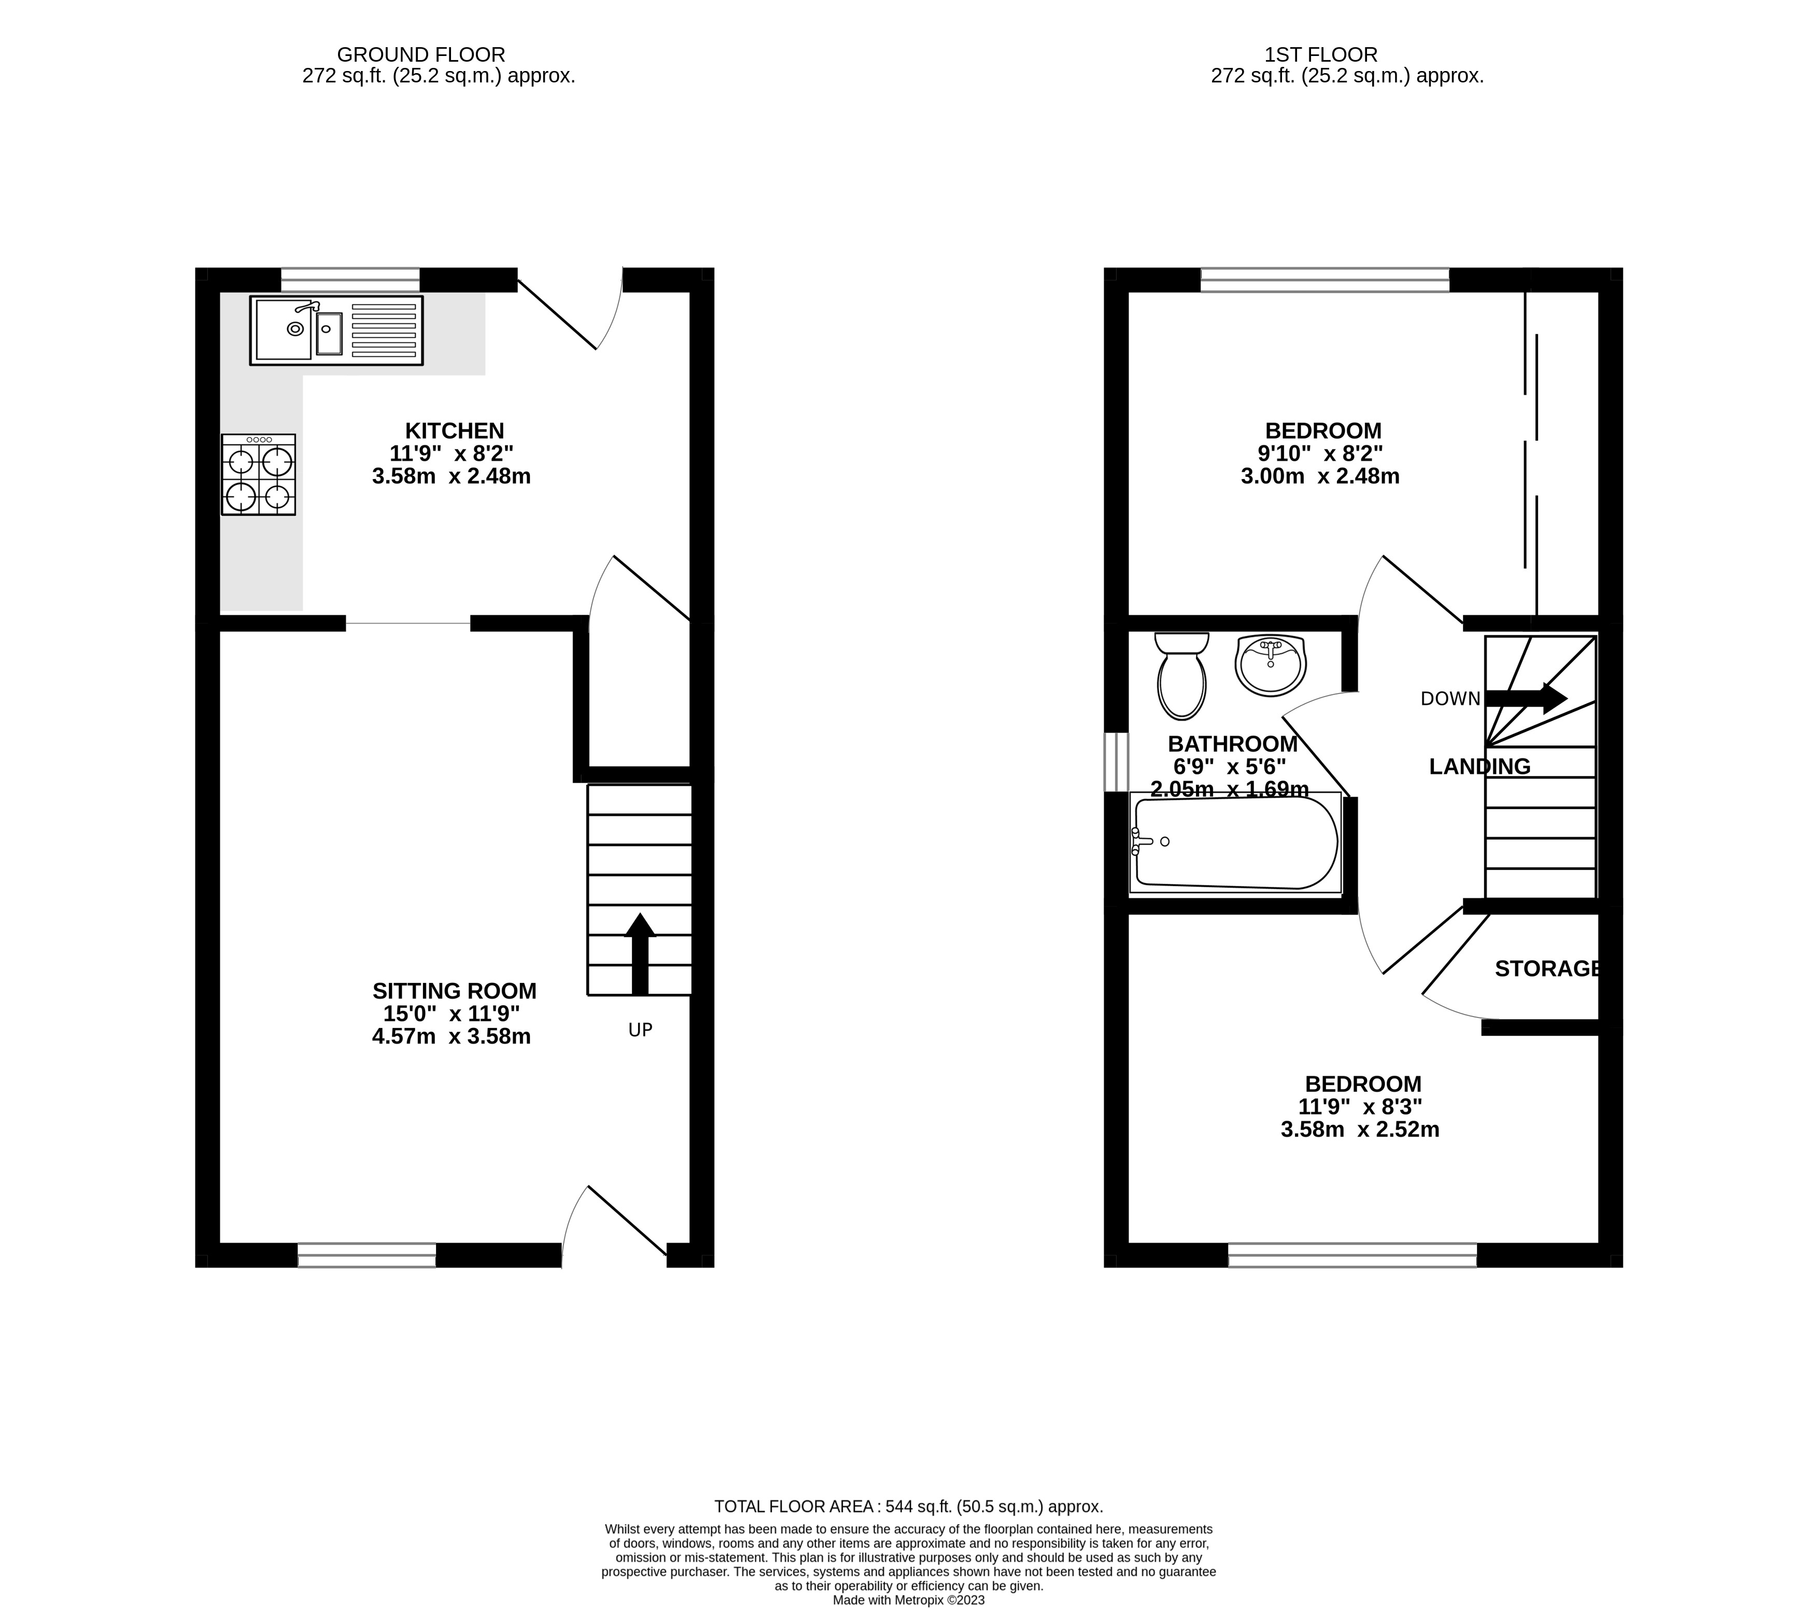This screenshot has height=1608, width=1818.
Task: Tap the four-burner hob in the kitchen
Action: (x=259, y=475)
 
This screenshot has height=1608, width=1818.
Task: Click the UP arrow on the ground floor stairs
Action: (x=640, y=953)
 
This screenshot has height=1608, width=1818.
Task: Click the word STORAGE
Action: (x=1547, y=968)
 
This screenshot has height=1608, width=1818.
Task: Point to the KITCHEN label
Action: (x=455, y=430)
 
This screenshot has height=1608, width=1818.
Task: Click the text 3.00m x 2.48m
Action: (x=1320, y=477)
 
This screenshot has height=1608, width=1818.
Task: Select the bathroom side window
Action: (x=1116, y=761)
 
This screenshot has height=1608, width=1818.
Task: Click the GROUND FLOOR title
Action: (x=421, y=55)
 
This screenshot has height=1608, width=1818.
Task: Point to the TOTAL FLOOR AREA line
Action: (x=908, y=1506)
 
